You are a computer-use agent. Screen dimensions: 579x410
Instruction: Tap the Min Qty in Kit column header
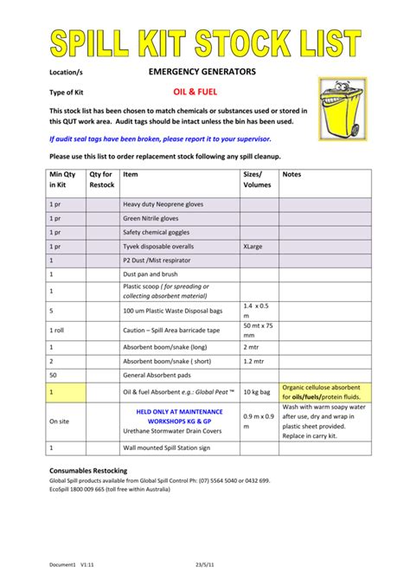coord(63,180)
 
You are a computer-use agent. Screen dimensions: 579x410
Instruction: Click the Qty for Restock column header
coord(102,180)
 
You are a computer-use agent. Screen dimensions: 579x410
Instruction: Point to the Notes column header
coord(293,174)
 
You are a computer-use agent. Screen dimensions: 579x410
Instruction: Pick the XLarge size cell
coord(254,246)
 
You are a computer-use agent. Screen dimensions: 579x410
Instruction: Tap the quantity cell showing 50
coord(54,375)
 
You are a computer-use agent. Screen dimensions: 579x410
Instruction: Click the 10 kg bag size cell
coord(256,391)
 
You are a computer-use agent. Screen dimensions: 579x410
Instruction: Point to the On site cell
coord(60,421)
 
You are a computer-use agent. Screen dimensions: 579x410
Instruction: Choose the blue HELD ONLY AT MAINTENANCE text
coord(179,411)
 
